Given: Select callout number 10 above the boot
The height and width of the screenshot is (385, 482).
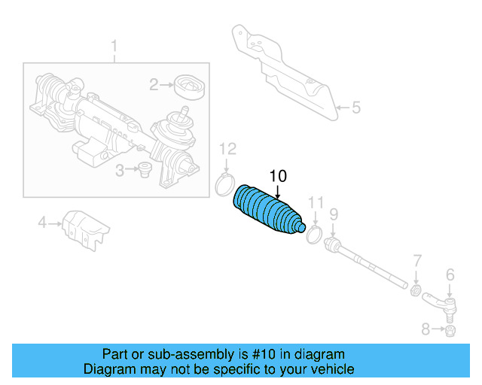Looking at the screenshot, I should [278, 177].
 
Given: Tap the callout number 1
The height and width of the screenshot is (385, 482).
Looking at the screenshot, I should [114, 50].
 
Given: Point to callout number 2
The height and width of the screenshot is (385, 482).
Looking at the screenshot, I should [154, 85].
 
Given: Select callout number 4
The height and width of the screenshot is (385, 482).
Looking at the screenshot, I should [43, 222].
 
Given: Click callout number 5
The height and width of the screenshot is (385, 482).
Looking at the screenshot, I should [356, 108].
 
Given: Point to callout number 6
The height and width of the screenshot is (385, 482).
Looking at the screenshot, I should [450, 274].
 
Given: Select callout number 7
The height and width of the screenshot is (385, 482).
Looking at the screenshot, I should [416, 261].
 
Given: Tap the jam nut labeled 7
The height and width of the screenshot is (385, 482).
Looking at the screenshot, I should [415, 290].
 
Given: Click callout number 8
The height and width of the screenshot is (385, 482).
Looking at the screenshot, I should [426, 329].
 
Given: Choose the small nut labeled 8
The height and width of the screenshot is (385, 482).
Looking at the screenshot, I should [450, 330].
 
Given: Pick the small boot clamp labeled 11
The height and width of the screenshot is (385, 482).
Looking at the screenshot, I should [315, 235].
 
